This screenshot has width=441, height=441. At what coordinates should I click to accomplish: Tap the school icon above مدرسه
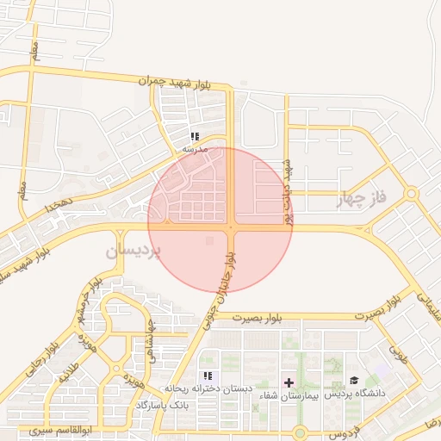196,136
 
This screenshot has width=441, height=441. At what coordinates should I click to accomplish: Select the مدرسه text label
196,148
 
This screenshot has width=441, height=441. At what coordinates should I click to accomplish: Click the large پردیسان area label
133,252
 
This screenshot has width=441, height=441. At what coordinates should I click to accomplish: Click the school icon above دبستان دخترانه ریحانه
207,376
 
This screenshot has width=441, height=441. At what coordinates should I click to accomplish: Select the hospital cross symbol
289,382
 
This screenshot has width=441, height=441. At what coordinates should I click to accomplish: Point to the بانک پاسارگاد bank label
168,404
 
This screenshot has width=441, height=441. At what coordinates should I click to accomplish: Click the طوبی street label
398,352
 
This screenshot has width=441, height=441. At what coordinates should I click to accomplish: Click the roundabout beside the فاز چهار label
412,194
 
